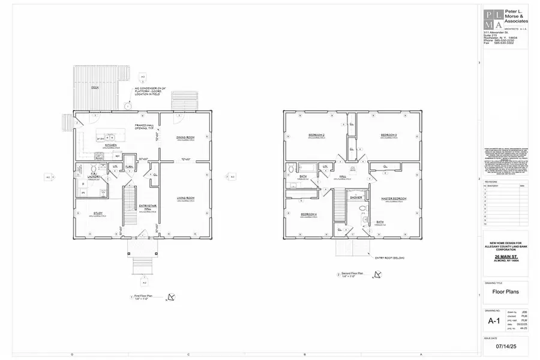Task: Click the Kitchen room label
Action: pyautogui.click(x=111, y=145)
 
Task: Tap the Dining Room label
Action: pyautogui.click(x=185, y=137)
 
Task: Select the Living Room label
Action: pyautogui.click(x=185, y=198)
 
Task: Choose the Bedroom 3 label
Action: pyautogui.click(x=389, y=135)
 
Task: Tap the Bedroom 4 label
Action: pyautogui.click(x=309, y=214)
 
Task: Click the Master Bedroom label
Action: pyautogui.click(x=393, y=199)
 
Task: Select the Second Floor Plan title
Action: pyautogui.click(x=354, y=275)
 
